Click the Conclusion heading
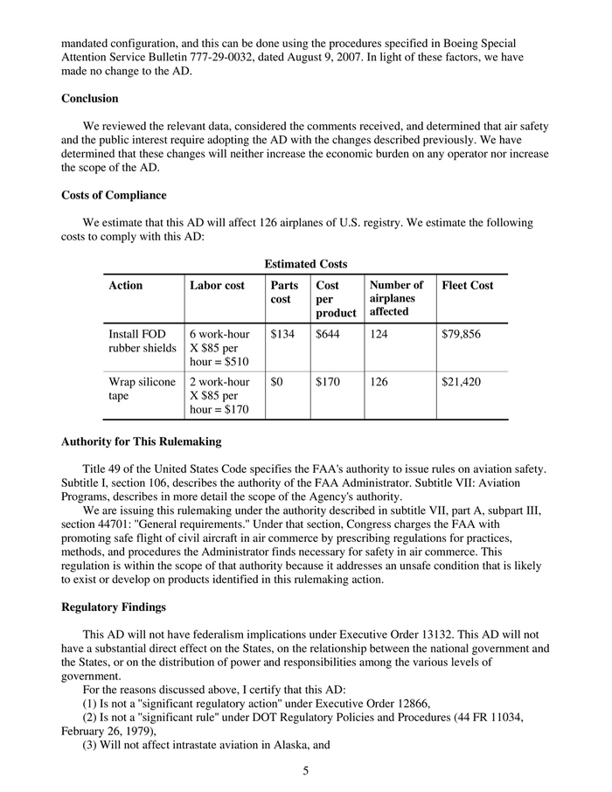point(90,99)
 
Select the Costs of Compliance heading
point(114,195)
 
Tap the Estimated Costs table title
point(305,264)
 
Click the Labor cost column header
point(218,285)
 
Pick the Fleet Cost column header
point(468,285)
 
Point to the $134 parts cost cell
point(283,334)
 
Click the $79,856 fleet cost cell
point(462,334)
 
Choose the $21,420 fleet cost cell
point(462,382)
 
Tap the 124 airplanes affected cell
point(380,334)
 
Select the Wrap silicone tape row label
point(142,389)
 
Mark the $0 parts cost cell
point(279,382)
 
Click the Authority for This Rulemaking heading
point(141,441)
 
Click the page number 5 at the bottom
point(306,771)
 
